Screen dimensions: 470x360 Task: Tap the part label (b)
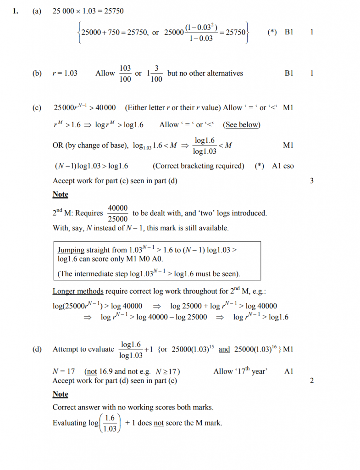pyautogui.click(x=37, y=73)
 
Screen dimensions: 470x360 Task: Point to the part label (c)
pyautogui.click(x=37, y=108)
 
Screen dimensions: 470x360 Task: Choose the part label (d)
pyautogui.click(x=37, y=349)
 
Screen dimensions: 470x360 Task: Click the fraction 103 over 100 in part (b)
pyautogui.click(x=125, y=73)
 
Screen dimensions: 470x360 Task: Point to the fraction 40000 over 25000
pyautogui.click(x=118, y=213)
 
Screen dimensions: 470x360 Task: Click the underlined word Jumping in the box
pyautogui.click(x=71, y=250)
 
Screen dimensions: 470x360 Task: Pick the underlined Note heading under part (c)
pyautogui.click(x=60, y=195)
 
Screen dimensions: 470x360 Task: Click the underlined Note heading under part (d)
pyautogui.click(x=60, y=394)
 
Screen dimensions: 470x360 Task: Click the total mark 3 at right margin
pyautogui.click(x=312, y=181)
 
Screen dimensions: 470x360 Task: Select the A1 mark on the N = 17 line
pyautogui.click(x=289, y=371)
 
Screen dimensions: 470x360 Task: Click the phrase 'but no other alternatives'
pyautogui.click(x=205, y=73)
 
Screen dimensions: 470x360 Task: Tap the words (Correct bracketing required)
pyautogui.click(x=198, y=166)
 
